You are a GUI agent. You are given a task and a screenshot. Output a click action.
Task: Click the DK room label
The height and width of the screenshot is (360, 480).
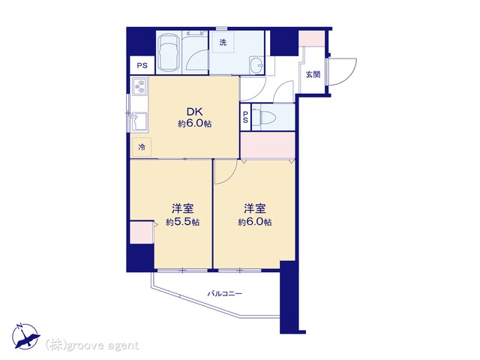click(x=195, y=112)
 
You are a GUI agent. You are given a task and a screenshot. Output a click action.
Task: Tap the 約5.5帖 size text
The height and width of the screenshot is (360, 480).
click(x=183, y=222)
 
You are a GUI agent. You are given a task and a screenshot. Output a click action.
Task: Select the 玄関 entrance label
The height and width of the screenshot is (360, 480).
click(x=313, y=74)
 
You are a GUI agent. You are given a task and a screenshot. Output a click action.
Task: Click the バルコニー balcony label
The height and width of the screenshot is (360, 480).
click(x=225, y=294)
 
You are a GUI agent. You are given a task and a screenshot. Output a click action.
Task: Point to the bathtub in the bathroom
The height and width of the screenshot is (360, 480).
click(x=168, y=52)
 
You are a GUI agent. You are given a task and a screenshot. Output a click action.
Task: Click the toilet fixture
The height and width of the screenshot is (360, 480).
click(x=266, y=117)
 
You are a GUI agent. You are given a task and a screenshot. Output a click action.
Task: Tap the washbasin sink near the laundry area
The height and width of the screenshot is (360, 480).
click(x=256, y=65)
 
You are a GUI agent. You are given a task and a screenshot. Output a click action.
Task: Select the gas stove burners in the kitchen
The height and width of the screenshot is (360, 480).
click(x=141, y=86)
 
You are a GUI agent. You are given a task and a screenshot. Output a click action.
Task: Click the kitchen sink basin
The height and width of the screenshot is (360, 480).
click(x=139, y=121)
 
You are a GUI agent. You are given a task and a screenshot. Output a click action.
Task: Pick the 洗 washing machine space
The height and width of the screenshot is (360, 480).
click(x=223, y=42)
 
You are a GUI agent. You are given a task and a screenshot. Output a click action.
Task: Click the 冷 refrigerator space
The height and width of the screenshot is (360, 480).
click(x=142, y=147)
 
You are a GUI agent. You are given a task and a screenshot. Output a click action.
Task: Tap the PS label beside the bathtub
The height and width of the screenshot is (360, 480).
click(x=142, y=65)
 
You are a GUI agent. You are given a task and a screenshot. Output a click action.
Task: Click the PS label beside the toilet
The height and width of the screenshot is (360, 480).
click(x=245, y=118)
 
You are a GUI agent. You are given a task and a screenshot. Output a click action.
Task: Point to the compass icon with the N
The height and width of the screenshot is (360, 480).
click(x=25, y=336)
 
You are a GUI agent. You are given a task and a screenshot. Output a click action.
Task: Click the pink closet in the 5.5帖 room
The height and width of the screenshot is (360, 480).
click(x=142, y=232)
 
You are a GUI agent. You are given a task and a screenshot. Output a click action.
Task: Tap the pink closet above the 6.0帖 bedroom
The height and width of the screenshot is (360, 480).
click(x=268, y=145)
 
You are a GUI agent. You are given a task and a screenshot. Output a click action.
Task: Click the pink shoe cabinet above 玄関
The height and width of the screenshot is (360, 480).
click(x=312, y=38)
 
